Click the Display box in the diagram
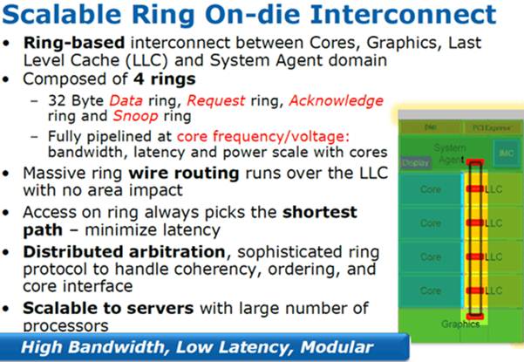coord(415,162)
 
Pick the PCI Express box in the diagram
coord(490,126)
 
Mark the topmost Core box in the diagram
coord(430,188)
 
